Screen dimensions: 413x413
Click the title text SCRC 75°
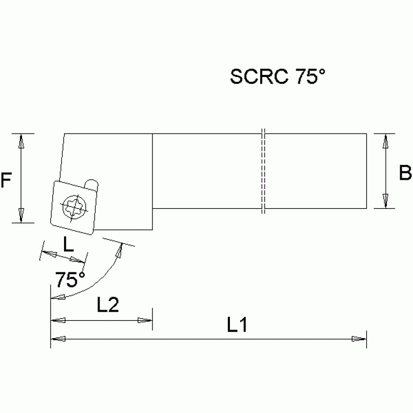tap(278, 77)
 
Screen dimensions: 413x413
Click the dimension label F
tap(6, 180)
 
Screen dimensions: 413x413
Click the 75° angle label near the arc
tap(71, 279)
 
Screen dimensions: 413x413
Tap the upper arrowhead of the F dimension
tap(21, 141)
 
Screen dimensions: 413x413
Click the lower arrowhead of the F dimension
tap(21, 215)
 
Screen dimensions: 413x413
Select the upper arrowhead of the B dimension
tap(386, 141)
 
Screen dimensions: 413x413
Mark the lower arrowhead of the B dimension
tap(386, 200)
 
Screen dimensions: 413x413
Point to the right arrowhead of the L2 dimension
tap(145, 320)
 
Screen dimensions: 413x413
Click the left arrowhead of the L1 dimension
tap(58, 339)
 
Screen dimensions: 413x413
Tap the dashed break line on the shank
tap(263, 171)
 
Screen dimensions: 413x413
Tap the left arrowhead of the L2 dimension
tap(58, 320)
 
